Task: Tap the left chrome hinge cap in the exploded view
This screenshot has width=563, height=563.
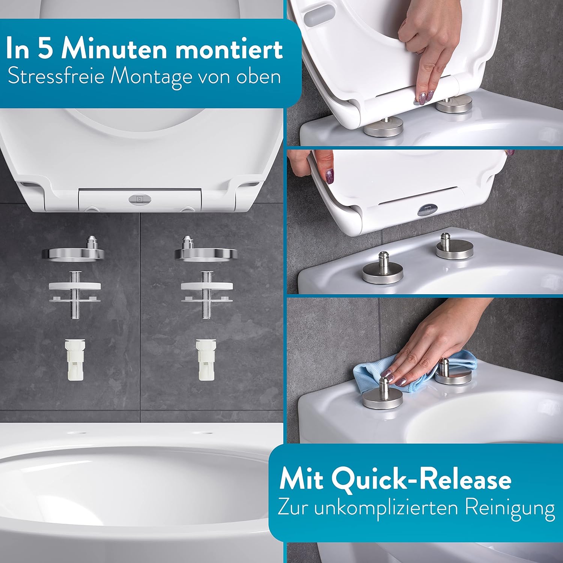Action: (x=73, y=251)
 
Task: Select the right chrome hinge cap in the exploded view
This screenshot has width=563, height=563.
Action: (x=206, y=251)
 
